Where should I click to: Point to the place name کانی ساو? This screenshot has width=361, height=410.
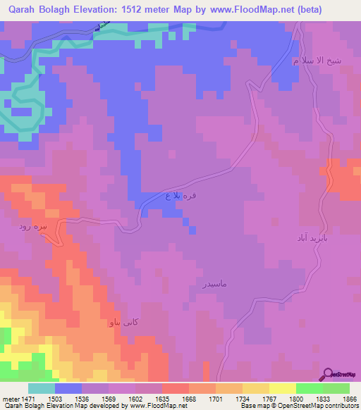point(123,323)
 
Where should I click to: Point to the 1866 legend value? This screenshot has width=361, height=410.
point(350,399)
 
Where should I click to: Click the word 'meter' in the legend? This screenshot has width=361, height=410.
point(11,399)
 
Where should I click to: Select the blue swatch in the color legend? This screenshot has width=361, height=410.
point(68,388)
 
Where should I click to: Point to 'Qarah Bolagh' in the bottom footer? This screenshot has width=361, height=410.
point(20,406)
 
